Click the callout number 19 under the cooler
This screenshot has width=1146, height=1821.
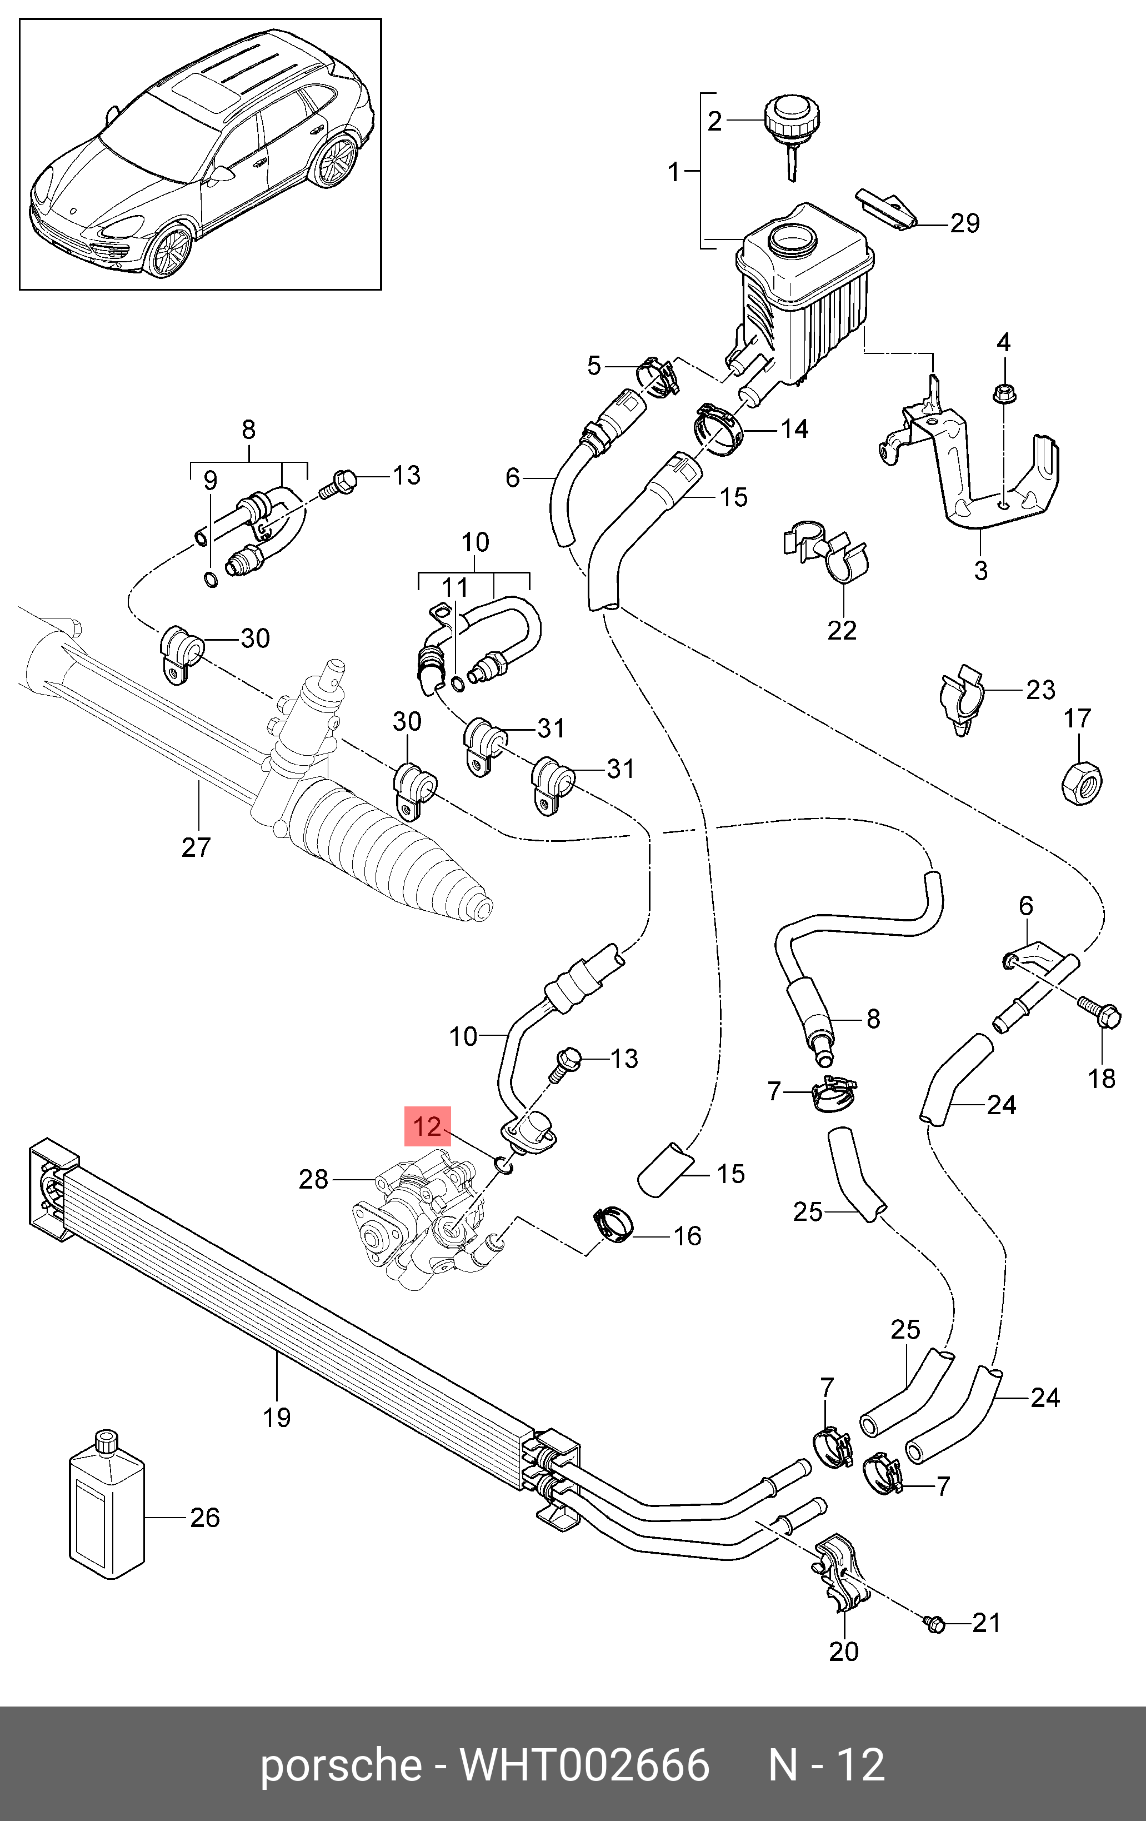coord(277,1416)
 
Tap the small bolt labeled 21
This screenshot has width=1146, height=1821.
coord(935,1623)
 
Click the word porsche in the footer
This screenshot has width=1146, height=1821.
coord(340,1764)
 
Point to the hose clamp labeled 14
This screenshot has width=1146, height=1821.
coord(719,429)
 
